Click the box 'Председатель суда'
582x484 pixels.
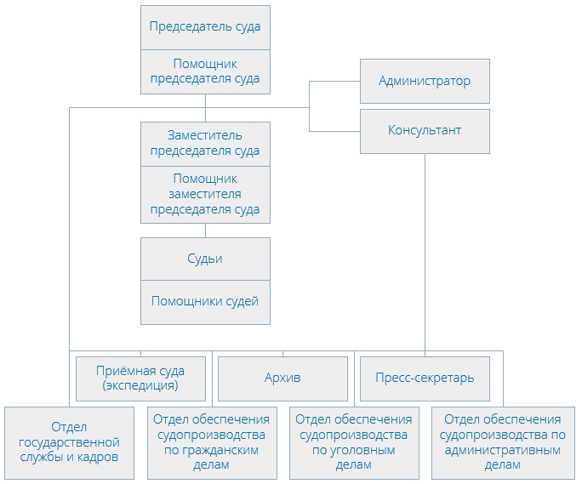click(205, 26)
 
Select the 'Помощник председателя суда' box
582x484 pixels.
click(205, 72)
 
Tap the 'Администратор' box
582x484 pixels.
click(425, 82)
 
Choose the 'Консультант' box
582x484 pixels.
click(425, 131)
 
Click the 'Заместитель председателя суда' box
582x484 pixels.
click(205, 144)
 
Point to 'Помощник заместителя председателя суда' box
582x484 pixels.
click(205, 194)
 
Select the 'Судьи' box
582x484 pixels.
click(205, 259)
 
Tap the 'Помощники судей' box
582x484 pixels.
click(205, 301)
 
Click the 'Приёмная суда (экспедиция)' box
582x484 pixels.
click(141, 379)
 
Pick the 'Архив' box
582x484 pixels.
click(283, 379)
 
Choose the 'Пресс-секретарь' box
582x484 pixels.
click(425, 379)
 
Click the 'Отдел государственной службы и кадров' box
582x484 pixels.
click(70, 441)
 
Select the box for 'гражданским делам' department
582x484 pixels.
click(210, 441)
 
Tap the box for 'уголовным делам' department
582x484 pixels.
click(354, 441)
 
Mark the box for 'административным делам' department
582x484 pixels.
click(496, 441)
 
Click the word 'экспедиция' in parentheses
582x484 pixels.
click(141, 385)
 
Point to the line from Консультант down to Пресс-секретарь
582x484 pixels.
click(425, 255)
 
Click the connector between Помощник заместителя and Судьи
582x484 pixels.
click(205, 230)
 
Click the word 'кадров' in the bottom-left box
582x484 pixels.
click(96, 457)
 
